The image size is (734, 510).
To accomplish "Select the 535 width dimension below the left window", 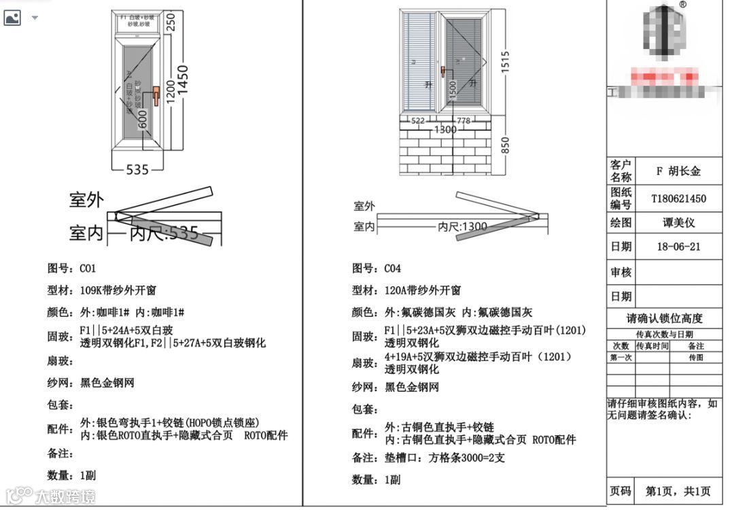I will [x=137, y=169].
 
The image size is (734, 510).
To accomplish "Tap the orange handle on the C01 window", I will [x=156, y=96].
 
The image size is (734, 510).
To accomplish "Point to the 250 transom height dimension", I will [x=171, y=23].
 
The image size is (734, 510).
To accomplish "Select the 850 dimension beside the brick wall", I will [x=505, y=144].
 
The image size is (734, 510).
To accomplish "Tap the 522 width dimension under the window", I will [x=419, y=120].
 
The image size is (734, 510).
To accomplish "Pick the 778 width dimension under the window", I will [x=464, y=120].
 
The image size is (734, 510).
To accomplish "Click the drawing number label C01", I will [x=88, y=268].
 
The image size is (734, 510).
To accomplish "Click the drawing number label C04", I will [x=393, y=268].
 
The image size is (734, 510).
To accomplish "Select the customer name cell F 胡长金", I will [x=678, y=171].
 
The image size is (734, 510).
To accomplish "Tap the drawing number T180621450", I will [x=678, y=199].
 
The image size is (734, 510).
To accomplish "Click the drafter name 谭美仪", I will [x=679, y=222].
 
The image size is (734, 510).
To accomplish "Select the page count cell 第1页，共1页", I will [x=678, y=491].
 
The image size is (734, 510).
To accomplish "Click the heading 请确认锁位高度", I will [x=664, y=318].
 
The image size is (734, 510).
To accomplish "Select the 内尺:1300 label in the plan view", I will [x=462, y=226].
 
